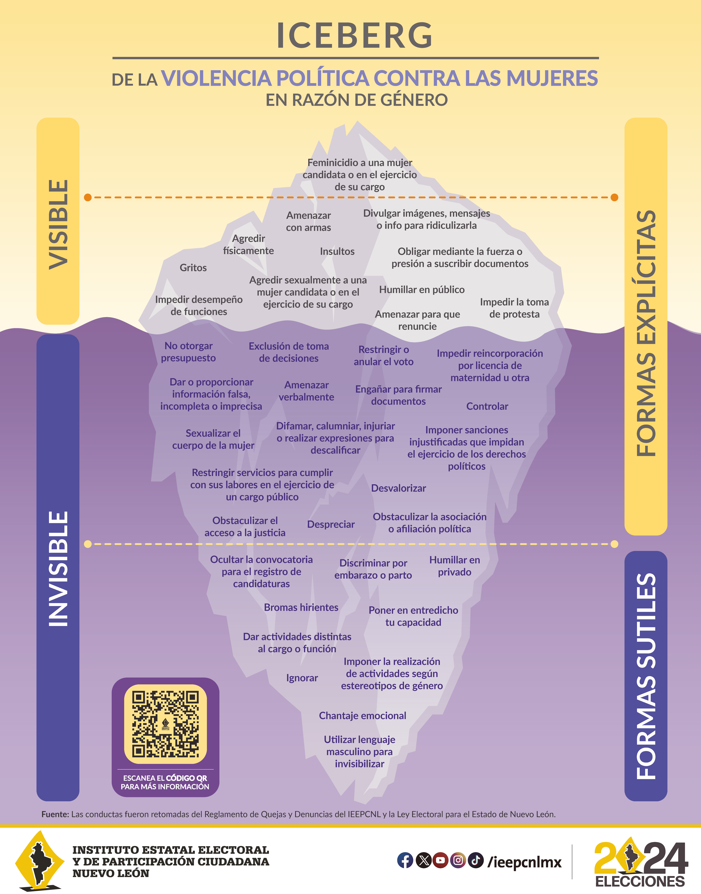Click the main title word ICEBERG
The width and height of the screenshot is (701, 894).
pyautogui.click(x=355, y=35)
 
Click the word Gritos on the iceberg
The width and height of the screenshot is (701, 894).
pyautogui.click(x=193, y=268)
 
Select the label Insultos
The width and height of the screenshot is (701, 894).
pyautogui.click(x=337, y=251)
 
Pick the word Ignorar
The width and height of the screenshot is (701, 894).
pyautogui.click(x=302, y=678)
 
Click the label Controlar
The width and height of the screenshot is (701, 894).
pyautogui.click(x=487, y=406)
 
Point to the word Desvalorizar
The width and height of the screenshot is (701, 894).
pyautogui.click(x=399, y=488)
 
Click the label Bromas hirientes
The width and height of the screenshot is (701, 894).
pyautogui.click(x=301, y=607)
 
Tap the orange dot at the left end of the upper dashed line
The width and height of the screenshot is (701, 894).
pyautogui.click(x=87, y=198)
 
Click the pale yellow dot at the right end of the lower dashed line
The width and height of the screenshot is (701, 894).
pyautogui.click(x=614, y=544)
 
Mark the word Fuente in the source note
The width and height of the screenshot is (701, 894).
pyautogui.click(x=55, y=814)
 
